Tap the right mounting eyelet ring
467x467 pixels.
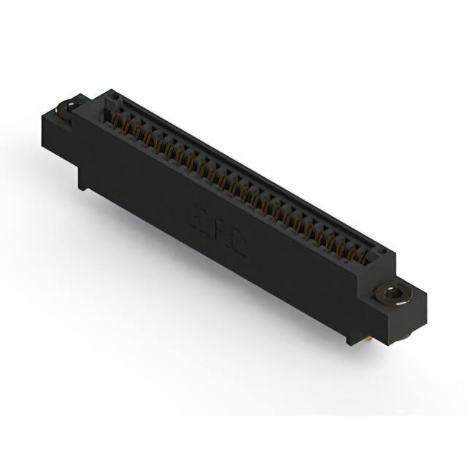pyautogui.click(x=394, y=294)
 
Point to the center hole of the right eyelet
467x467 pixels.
pyautogui.click(x=394, y=294)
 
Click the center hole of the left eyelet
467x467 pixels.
pyautogui.click(x=68, y=107)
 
